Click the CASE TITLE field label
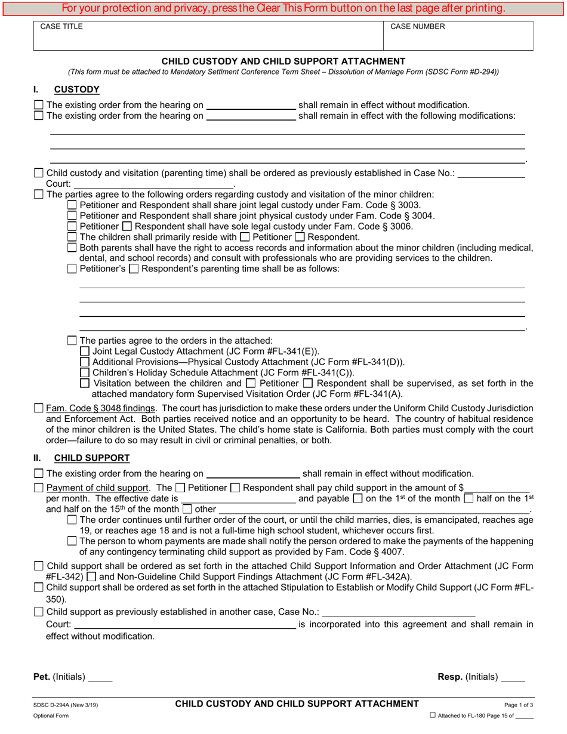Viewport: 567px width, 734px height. point(61,27)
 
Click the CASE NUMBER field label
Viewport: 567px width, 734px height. point(417,27)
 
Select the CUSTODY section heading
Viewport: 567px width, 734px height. point(77,90)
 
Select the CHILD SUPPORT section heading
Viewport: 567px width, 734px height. point(92,458)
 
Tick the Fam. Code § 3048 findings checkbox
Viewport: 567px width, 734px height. point(39,409)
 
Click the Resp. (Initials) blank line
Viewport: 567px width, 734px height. point(513,678)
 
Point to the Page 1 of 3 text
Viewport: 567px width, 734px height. point(519,705)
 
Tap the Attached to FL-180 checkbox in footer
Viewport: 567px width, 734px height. point(433,716)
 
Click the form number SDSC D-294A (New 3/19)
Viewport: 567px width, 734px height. point(66,705)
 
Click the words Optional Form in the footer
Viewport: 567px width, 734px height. point(51,716)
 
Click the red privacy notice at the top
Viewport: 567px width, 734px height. point(283,8)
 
